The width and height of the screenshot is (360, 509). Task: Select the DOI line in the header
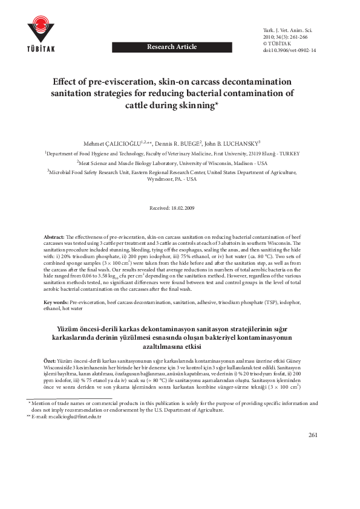click(x=289, y=51)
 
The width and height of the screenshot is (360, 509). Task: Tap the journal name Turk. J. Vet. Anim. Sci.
click(x=287, y=30)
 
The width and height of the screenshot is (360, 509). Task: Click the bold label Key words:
click(x=56, y=302)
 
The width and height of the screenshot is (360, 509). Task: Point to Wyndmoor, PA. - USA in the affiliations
click(x=180, y=180)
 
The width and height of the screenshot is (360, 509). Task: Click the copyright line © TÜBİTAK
click(x=279, y=44)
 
